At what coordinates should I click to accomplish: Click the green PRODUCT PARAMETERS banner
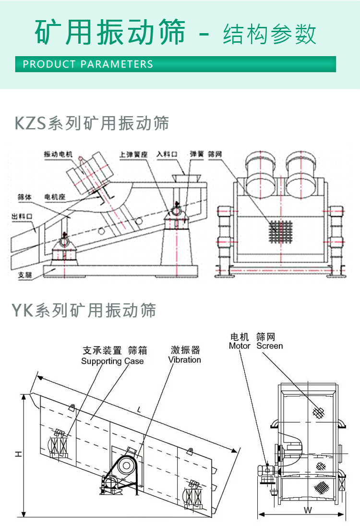coord(175,64)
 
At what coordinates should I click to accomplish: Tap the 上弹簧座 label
coord(133,155)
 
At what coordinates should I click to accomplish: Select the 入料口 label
coord(167,155)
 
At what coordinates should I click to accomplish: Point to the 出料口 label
coord(22,217)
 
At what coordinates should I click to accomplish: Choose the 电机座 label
coord(55,197)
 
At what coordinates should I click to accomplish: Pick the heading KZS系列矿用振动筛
coord(92,123)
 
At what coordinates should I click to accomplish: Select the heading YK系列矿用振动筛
coord(84,310)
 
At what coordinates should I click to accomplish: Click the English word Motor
coord(240,346)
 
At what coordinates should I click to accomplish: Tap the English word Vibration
coord(184,360)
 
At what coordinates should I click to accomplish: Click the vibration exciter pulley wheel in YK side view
coord(126,465)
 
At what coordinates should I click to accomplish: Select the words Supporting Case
coord(112,361)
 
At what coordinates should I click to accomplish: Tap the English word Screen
coord(269,346)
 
